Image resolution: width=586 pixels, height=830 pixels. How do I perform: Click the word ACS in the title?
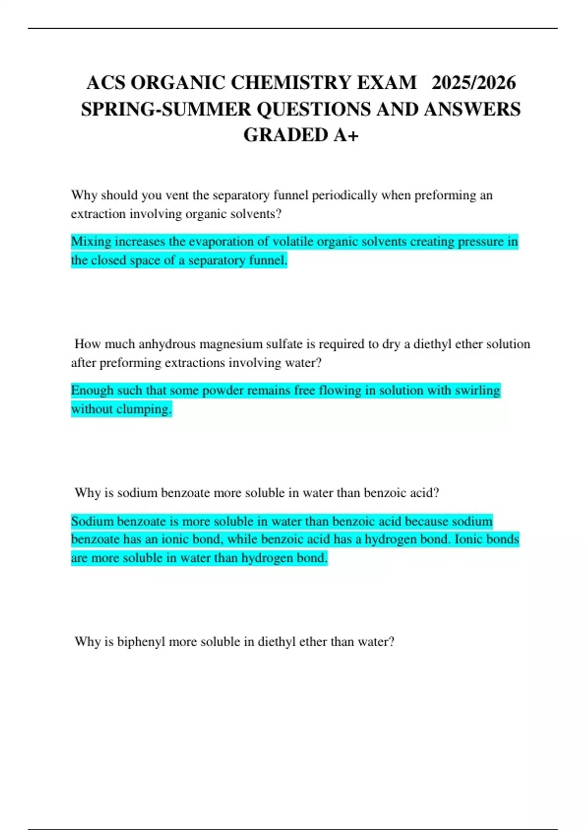tap(105, 83)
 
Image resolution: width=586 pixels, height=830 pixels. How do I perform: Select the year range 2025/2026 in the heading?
tap(473, 83)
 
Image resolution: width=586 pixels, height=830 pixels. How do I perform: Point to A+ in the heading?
tap(346, 135)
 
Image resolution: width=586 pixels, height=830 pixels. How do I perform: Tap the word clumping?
tap(146, 409)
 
